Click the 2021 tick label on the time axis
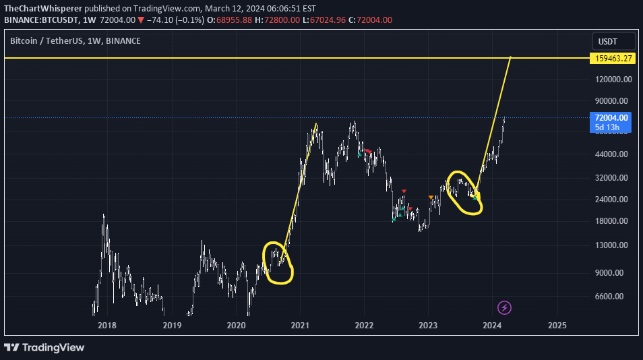pyautogui.click(x=300, y=325)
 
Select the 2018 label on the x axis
pyautogui.click(x=106, y=325)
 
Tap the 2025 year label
pyautogui.click(x=557, y=325)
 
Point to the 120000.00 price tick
pyautogui.click(x=613, y=79)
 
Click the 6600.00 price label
pyautogui.click(x=613, y=297)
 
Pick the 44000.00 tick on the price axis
pyautogui.click(x=613, y=154)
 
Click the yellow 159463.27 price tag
pyautogui.click(x=613, y=59)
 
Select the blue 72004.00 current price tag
pyautogui.click(x=612, y=118)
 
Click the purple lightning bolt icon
pyautogui.click(x=505, y=308)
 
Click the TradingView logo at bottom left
pyautogui.click(x=44, y=347)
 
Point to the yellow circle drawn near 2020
pyautogui.click(x=278, y=262)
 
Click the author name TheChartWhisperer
pyautogui.click(x=41, y=8)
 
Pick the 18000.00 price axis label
pyautogui.click(x=613, y=221)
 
